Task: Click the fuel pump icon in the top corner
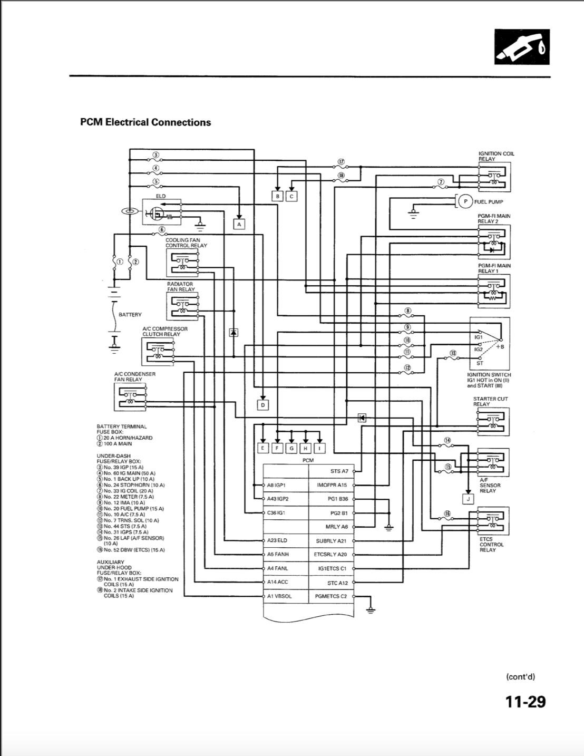[x=522, y=47]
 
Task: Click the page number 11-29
[x=525, y=702]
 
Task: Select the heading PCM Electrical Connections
[x=145, y=122]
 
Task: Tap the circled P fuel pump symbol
[x=465, y=201]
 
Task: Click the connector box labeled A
[x=239, y=224]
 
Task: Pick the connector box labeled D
[x=262, y=405]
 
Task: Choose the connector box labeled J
[x=468, y=499]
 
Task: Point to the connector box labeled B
[x=277, y=196]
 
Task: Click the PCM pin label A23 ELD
[x=277, y=540]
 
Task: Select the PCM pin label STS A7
[x=339, y=471]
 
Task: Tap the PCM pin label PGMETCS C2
[x=330, y=596]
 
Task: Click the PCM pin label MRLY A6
[x=336, y=527]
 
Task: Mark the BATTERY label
[x=130, y=315]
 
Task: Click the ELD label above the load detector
[x=160, y=196]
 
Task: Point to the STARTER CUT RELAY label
[x=490, y=401]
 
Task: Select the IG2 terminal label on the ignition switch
[x=478, y=350]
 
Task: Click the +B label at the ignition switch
[x=500, y=347]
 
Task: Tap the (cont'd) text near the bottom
[x=520, y=677]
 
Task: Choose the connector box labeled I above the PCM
[x=319, y=448]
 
